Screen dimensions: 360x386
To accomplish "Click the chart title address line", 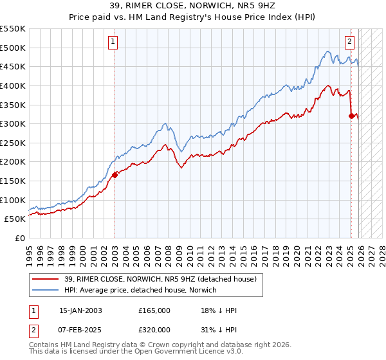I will pyautogui.click(x=192, y=7).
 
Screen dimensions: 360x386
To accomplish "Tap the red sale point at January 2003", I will pyautogui.click(x=115, y=174).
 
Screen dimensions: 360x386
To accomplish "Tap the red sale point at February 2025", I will pyautogui.click(x=351, y=116).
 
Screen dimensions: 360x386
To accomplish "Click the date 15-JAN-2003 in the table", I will pyautogui.click(x=80, y=310).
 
